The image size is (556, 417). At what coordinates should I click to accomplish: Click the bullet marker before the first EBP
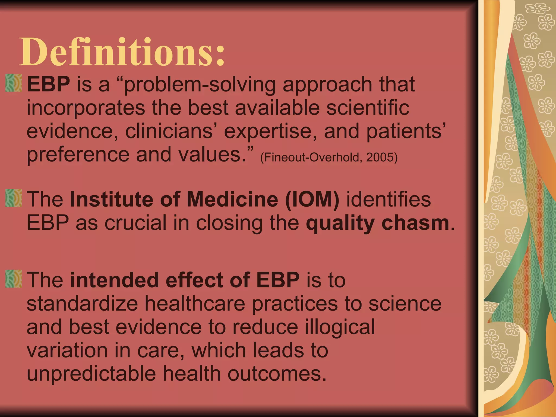point(13,83)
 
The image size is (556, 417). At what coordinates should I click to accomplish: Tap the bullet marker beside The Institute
point(13,198)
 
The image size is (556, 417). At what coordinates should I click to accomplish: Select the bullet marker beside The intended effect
point(13,279)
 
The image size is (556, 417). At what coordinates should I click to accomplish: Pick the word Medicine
point(232,200)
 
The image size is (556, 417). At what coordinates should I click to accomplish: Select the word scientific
point(368,108)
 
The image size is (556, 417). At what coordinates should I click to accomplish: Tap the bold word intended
point(114,280)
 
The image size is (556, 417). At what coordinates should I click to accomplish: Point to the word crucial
point(135,223)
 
